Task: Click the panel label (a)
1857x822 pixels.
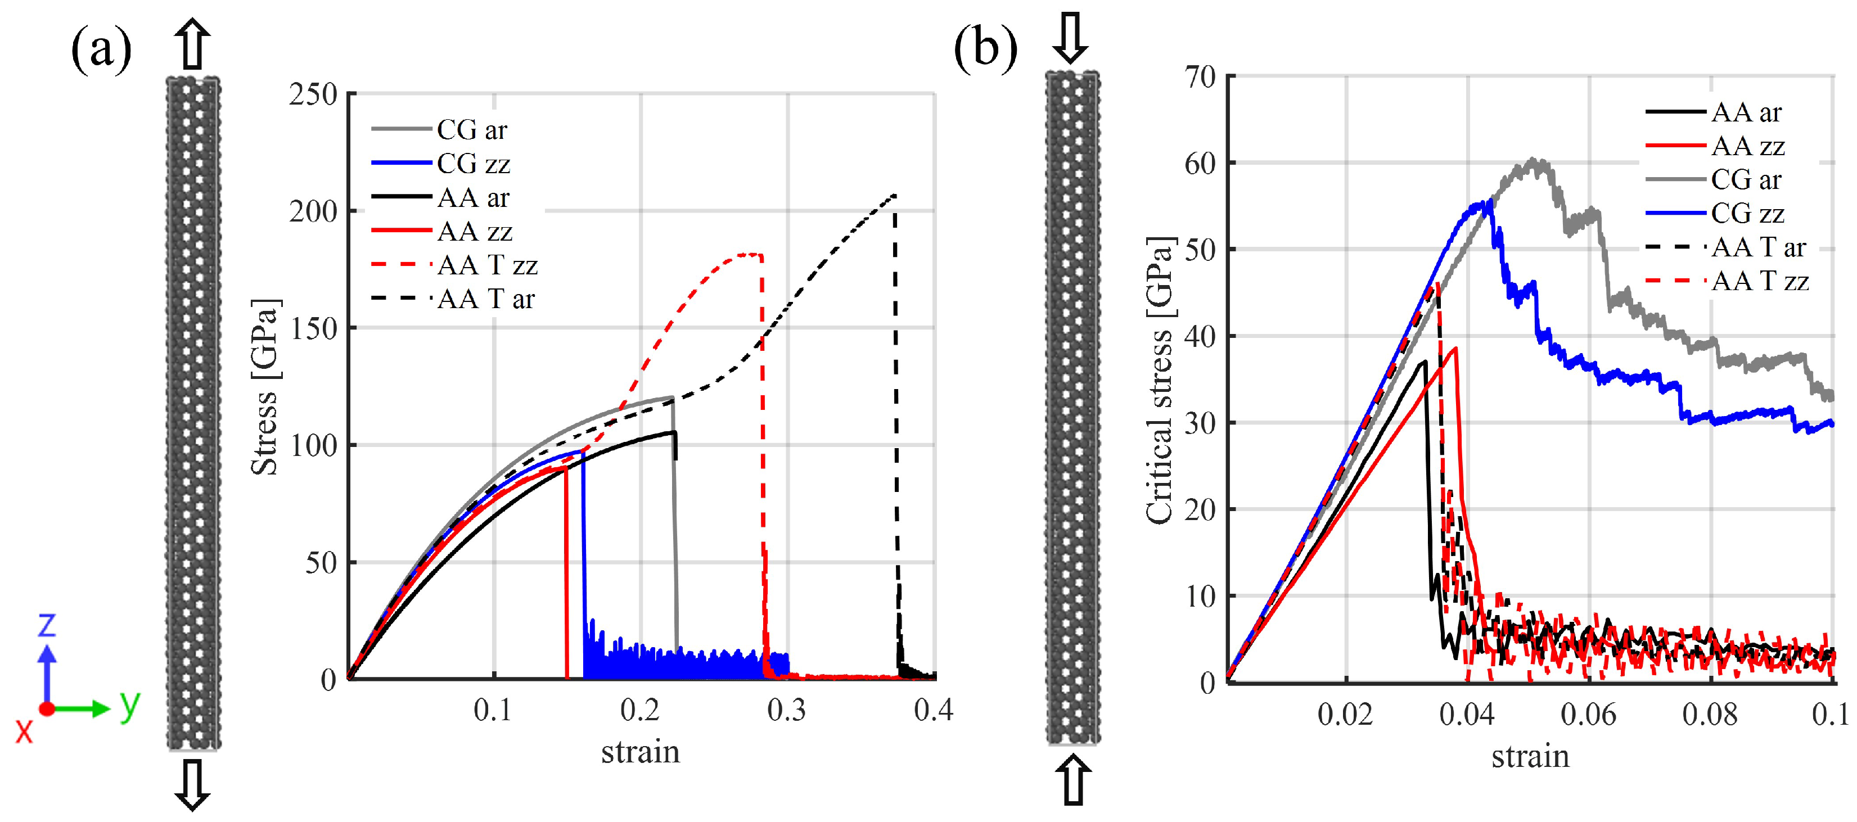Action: [101, 51]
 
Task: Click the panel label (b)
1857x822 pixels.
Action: [985, 51]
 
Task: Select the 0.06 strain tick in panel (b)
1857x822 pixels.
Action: [1588, 715]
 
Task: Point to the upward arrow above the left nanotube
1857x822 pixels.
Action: [192, 44]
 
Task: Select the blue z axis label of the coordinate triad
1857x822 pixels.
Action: [46, 625]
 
